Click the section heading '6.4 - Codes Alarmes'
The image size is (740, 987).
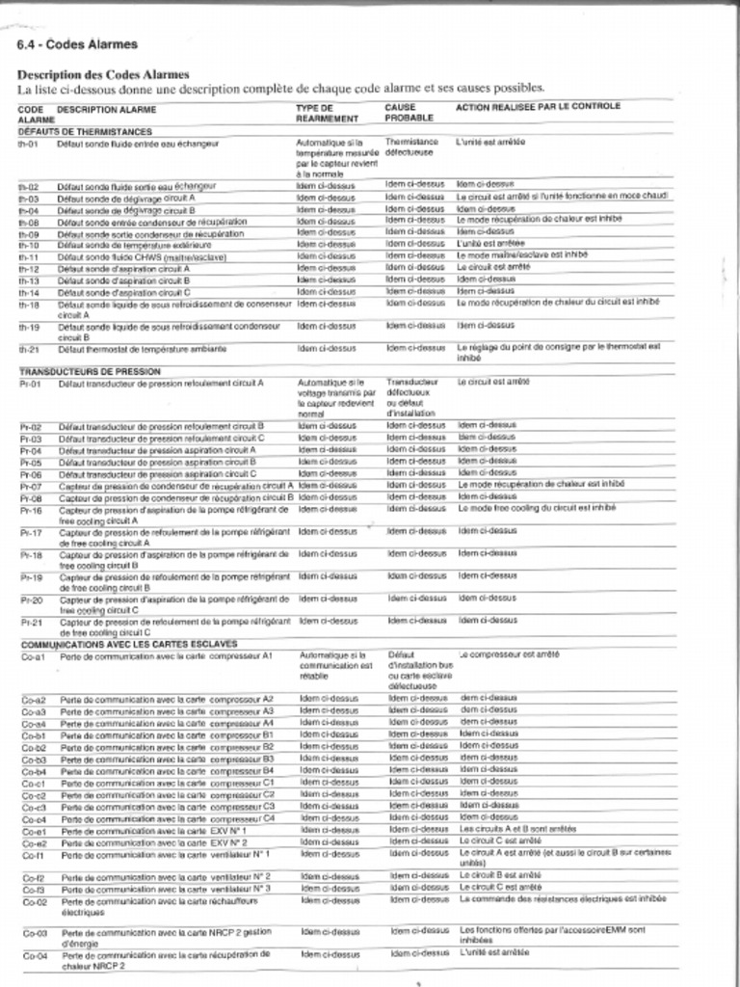click(x=77, y=44)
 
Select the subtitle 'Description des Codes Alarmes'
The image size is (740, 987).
click(x=103, y=74)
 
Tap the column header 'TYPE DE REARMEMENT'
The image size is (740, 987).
click(x=327, y=113)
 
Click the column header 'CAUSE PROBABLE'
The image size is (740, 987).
click(x=408, y=113)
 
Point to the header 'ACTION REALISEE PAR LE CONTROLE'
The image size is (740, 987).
click(x=538, y=106)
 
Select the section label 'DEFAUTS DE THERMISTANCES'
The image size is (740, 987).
click(x=85, y=130)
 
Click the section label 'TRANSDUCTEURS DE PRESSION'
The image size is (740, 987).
click(x=90, y=371)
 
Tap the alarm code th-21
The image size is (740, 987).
click(x=28, y=349)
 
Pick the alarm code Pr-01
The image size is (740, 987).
click(x=30, y=383)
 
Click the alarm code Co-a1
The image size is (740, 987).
click(x=34, y=655)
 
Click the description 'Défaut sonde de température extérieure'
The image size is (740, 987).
click(x=125, y=245)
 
